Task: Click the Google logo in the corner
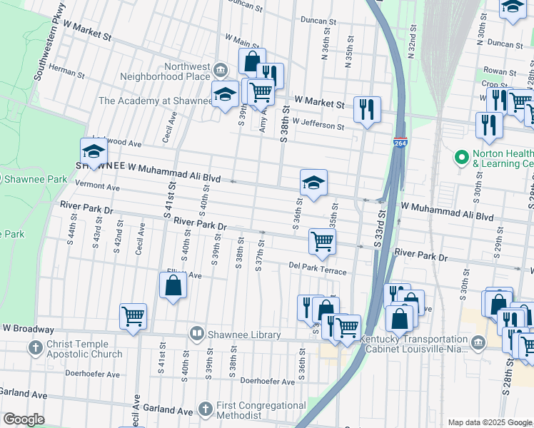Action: click(x=23, y=419)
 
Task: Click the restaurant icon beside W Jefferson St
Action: click(x=367, y=109)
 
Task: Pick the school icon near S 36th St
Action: click(x=313, y=183)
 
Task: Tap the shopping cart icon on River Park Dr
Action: click(x=322, y=241)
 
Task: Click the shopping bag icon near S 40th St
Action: click(x=173, y=286)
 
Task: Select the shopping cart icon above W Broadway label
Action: click(x=133, y=317)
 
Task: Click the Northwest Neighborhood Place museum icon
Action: click(x=221, y=69)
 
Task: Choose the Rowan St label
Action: click(x=500, y=72)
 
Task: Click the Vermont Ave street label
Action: click(x=98, y=186)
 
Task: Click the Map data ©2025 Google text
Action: click(x=489, y=422)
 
